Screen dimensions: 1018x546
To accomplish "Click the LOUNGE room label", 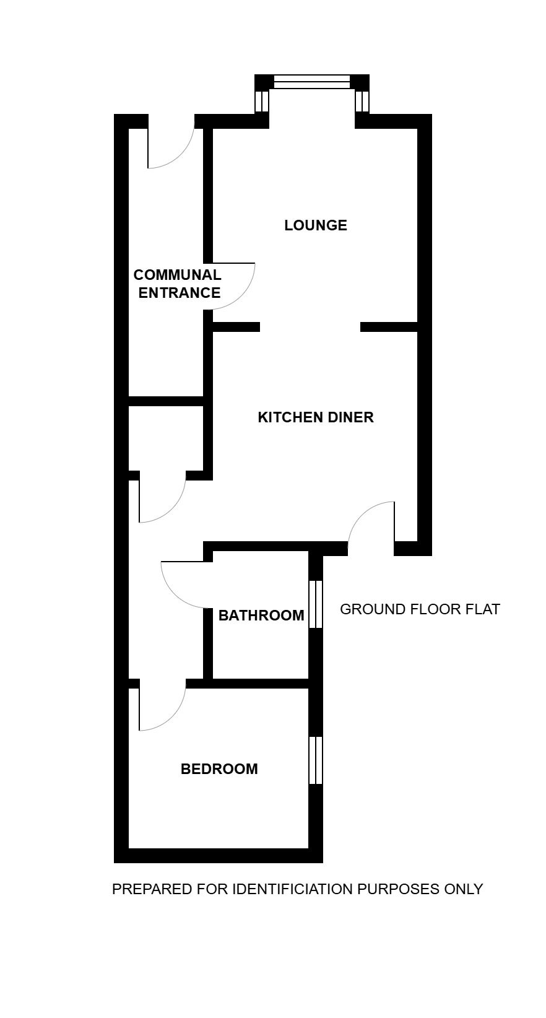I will pyautogui.click(x=316, y=225).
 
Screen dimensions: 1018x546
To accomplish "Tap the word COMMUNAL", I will pyautogui.click(x=177, y=275).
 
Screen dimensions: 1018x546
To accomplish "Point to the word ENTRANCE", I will pyautogui.click(x=180, y=293).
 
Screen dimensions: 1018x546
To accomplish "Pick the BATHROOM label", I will pyautogui.click(x=261, y=616).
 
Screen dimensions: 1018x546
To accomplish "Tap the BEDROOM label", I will pyautogui.click(x=219, y=769).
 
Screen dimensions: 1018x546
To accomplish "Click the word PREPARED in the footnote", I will pyautogui.click(x=152, y=889).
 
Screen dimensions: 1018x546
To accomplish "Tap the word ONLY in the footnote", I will pyautogui.click(x=464, y=889).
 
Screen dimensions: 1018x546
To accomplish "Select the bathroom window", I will pyautogui.click(x=316, y=604).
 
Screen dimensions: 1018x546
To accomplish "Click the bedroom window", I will pyautogui.click(x=316, y=760).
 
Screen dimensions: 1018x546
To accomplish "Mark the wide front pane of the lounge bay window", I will pyautogui.click(x=312, y=82).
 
